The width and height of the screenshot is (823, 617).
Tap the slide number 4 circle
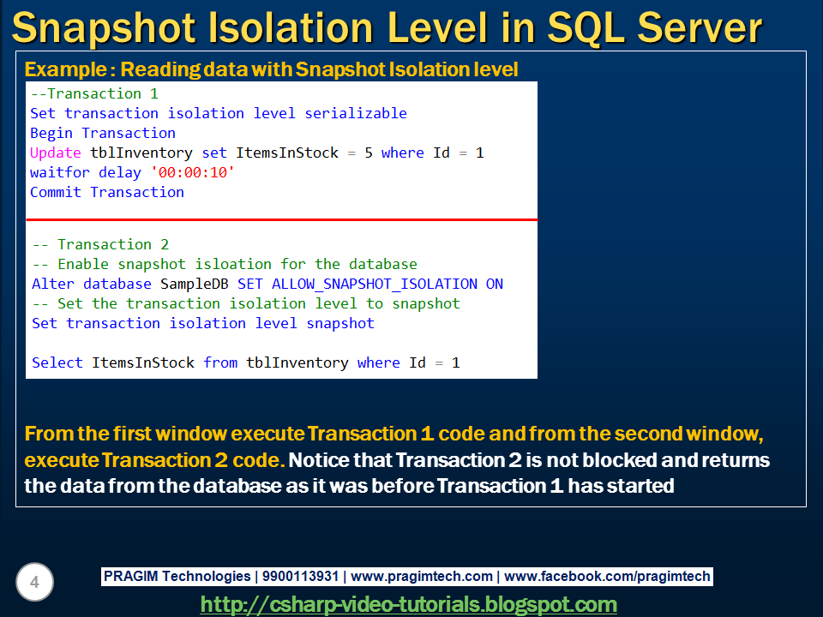[x=34, y=583]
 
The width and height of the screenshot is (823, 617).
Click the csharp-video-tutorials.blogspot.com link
[x=409, y=604]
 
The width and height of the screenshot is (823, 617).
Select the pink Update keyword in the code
[x=56, y=153]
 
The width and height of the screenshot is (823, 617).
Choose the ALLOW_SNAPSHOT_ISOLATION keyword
[x=375, y=284]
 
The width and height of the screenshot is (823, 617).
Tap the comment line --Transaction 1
[x=94, y=93]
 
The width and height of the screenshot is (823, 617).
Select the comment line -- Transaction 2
[x=100, y=244]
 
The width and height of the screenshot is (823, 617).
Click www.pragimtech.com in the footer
[x=422, y=577]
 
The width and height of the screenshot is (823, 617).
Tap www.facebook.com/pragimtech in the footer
[x=608, y=577]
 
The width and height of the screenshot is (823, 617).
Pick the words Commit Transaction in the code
[x=107, y=192]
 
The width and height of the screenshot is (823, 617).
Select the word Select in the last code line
[x=57, y=362]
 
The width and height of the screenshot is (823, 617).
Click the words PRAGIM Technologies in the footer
[x=177, y=577]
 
